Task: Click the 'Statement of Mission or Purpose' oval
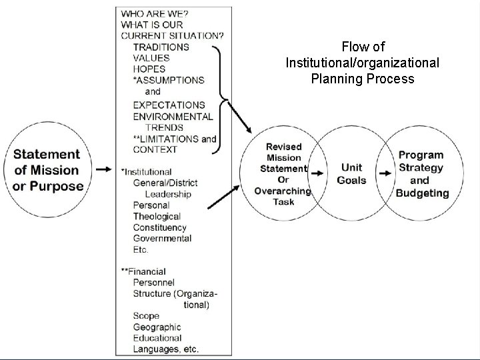tap(48, 170)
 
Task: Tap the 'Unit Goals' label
tap(351, 174)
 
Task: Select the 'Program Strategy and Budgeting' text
tap(421, 174)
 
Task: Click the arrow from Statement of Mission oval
tap(103, 170)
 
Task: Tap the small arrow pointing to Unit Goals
tap(319, 174)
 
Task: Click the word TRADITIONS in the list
tap(161, 47)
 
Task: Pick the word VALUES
tap(151, 58)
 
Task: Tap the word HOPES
tap(149, 69)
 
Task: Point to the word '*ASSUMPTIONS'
tap(168, 80)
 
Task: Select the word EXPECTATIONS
tap(169, 105)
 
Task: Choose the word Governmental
tap(162, 238)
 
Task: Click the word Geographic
tap(157, 327)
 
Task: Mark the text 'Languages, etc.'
tap(165, 349)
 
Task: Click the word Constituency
tap(162, 227)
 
